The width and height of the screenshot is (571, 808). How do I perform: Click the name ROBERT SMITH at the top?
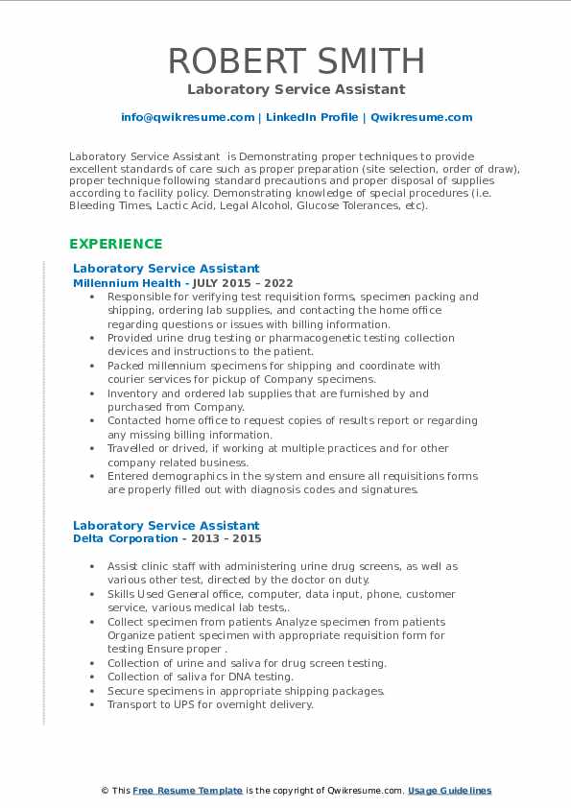pos(296,60)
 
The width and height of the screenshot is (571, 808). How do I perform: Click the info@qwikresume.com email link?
pos(187,117)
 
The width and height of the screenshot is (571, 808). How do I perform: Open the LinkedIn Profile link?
pos(311,117)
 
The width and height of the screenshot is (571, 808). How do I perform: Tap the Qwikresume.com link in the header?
pos(421,117)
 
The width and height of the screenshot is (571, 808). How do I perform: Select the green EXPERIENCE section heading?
pos(115,244)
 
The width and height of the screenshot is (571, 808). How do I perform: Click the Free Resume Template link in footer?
pos(187,791)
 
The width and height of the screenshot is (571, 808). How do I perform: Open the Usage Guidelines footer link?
pos(449,791)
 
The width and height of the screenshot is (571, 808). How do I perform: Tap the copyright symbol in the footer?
pos(105,791)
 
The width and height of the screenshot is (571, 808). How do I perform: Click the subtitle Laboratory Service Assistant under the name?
pos(296,89)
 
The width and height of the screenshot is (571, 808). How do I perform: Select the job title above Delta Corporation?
pos(166,525)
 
